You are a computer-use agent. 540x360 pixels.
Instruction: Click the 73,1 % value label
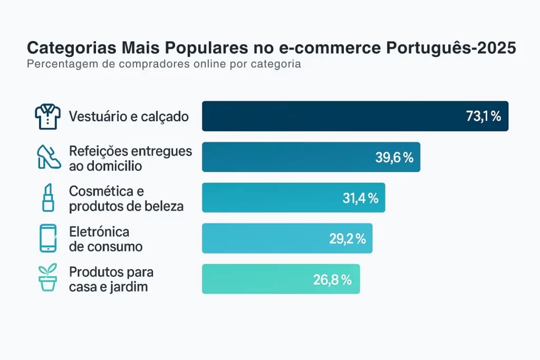(x=483, y=116)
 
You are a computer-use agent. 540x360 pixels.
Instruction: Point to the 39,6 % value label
(x=394, y=157)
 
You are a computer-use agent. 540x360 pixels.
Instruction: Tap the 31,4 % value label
(x=360, y=198)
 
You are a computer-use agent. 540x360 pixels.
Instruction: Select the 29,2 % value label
(x=348, y=239)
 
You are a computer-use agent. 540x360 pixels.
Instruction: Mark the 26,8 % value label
(x=332, y=279)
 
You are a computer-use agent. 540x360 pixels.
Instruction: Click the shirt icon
(x=48, y=116)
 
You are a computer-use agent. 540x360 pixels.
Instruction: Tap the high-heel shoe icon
(x=49, y=157)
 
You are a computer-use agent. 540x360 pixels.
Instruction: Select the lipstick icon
(x=48, y=198)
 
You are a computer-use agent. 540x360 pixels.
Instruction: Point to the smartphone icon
(x=48, y=238)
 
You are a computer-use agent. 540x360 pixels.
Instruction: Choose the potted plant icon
(x=48, y=279)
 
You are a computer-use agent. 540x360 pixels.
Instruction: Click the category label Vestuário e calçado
(x=129, y=116)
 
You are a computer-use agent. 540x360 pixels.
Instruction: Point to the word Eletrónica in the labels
(x=99, y=232)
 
